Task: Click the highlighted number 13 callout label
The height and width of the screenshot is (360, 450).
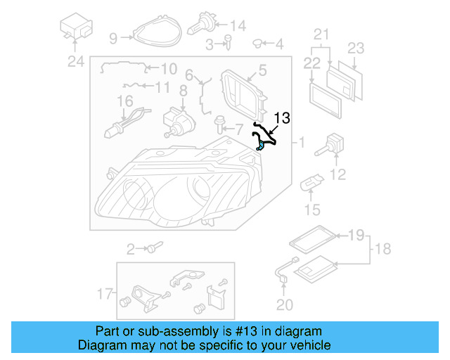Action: tap(282, 118)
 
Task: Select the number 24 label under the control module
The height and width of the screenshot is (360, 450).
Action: tap(75, 62)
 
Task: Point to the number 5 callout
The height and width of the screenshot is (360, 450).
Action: tap(262, 70)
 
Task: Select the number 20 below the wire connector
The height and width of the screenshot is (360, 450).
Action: tap(283, 304)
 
